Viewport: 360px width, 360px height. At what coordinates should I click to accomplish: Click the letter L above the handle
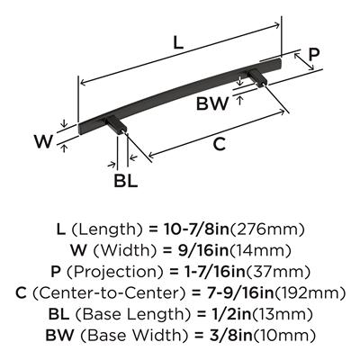178,43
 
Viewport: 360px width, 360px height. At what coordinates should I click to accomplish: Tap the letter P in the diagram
314,54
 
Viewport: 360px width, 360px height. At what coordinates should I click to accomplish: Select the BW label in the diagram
212,103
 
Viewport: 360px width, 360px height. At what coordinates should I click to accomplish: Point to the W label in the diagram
43,141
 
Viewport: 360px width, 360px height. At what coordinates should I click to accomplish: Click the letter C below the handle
219,144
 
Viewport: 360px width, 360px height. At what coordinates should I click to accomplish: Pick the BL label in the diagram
126,181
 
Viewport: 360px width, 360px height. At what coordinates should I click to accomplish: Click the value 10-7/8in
196,229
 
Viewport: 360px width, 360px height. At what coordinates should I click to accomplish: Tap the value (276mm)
267,229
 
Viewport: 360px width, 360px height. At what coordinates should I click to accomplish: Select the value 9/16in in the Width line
202,251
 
